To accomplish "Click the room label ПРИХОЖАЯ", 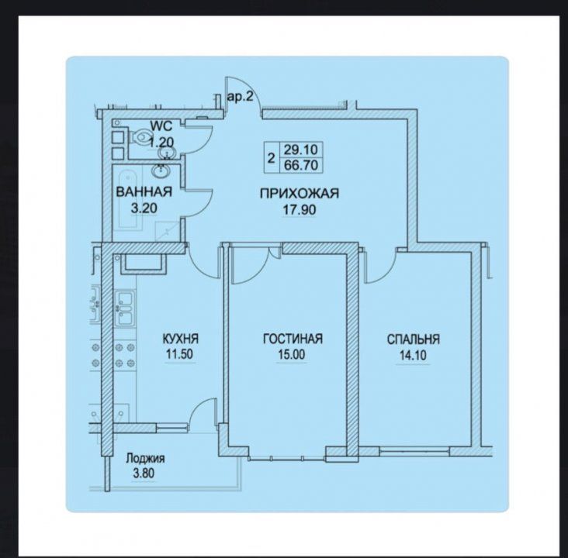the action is (300, 194).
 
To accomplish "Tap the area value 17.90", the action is (300, 209).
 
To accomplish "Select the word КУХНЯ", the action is (180, 339).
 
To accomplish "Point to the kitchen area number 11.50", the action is (179, 354).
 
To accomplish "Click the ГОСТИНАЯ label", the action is (293, 339).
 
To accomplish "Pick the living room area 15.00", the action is (292, 355).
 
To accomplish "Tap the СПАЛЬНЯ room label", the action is (414, 339).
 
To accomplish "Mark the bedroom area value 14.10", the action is (413, 356).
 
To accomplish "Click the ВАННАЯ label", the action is (144, 191).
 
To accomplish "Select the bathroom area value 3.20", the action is (144, 208).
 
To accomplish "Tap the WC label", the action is (161, 126).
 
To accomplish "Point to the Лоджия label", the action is (145, 459).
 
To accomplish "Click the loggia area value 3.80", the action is (144, 474).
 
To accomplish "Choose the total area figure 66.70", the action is (301, 165).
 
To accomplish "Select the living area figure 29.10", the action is (301, 149).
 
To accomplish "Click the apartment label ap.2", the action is (240, 97).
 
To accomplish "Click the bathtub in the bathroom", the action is (127, 199).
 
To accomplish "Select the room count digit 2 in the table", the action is (271, 158).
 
